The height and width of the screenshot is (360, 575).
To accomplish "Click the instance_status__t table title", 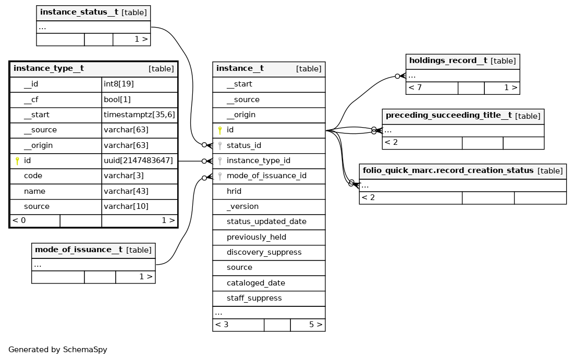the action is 79,12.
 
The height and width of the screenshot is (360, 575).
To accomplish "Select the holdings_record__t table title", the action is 448,60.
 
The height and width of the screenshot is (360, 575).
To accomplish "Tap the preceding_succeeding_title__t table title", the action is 448,116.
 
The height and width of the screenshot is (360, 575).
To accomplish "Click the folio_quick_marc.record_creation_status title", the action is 448,170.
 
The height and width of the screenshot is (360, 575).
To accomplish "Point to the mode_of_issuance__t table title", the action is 79,250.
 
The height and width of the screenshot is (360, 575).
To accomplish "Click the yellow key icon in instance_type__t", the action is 17,160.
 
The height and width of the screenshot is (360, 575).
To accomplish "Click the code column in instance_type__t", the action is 33,176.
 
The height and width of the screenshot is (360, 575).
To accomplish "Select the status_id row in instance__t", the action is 269,145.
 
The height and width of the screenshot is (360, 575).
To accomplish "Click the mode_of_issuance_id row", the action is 269,176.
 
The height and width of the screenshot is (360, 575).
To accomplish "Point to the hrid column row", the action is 269,191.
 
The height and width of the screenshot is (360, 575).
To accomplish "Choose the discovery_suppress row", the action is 269,253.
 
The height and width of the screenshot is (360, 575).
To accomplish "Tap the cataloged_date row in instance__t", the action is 269,283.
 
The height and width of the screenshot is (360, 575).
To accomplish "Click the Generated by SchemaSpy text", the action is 57,350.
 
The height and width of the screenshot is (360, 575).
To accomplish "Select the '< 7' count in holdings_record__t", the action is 415,88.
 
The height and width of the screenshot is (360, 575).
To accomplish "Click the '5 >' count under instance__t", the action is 316,325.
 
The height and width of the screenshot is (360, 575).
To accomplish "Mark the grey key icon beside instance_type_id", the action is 220,161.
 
